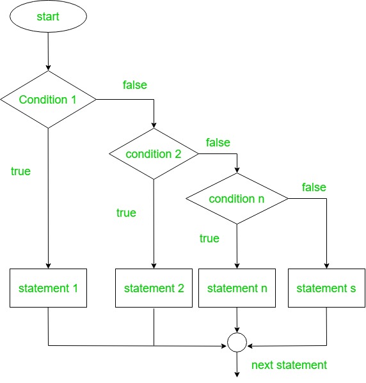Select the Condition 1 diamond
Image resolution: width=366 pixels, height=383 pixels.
48,100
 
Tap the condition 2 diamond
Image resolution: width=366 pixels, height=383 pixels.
154,154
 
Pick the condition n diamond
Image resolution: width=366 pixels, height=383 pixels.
237,199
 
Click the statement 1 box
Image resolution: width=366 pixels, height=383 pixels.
48,288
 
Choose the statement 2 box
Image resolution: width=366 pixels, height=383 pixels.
154,288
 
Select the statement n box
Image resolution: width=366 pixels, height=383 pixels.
237,288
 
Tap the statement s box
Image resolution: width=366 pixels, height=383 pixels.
326,288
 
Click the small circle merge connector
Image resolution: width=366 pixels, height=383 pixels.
237,343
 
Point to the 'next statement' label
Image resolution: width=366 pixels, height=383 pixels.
289,365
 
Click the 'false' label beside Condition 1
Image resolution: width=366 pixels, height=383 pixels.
134,84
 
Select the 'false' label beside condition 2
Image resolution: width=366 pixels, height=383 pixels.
218,142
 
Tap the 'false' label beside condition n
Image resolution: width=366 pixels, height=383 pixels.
314,187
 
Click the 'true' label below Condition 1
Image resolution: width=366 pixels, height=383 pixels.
20,171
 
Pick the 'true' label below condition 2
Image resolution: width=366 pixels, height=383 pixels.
126,213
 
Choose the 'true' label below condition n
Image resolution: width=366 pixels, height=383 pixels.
209,238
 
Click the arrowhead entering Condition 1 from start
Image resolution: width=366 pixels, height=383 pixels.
48,67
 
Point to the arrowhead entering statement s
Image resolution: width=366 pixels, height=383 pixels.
326,266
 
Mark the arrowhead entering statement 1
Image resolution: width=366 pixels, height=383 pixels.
48,266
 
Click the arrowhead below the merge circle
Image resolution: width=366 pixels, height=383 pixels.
237,373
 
